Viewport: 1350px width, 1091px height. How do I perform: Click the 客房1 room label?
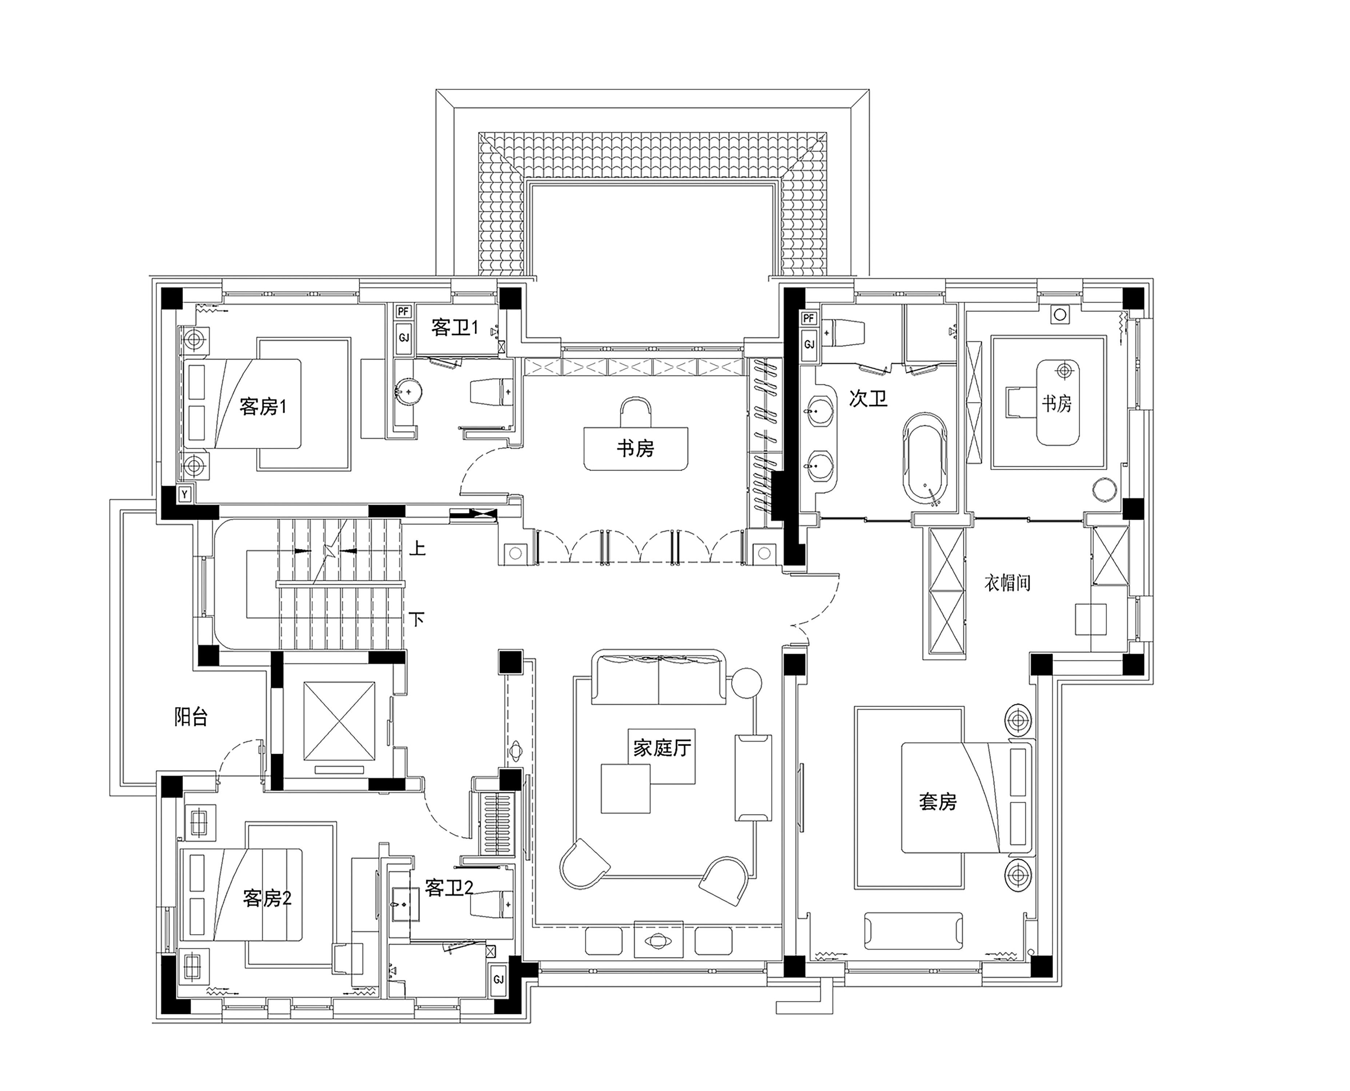(263, 407)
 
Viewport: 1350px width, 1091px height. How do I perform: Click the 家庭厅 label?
(662, 748)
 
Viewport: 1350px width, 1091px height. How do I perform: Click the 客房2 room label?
(267, 899)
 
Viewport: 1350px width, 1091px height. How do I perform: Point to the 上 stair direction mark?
(417, 549)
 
